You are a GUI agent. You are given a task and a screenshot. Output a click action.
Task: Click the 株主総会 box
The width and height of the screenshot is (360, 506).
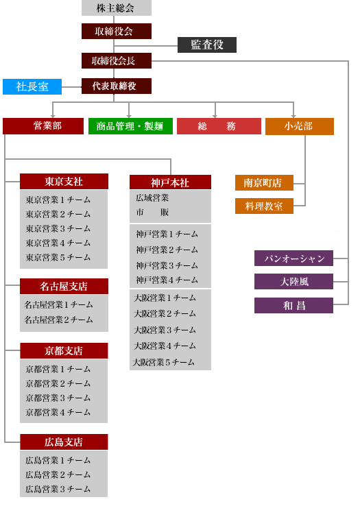[117, 8]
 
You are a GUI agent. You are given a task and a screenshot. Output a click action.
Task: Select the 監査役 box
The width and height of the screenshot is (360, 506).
[207, 45]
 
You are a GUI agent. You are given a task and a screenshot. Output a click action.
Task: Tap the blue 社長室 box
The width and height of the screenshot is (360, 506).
[32, 86]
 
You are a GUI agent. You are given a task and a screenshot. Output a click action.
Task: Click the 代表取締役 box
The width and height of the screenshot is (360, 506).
[117, 86]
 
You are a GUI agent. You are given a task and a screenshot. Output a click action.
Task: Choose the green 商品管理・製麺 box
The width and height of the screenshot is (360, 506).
[130, 126]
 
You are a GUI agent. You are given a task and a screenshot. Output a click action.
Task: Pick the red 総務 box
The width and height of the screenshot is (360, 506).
[219, 126]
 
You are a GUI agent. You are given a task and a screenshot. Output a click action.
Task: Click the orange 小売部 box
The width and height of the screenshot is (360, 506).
[299, 126]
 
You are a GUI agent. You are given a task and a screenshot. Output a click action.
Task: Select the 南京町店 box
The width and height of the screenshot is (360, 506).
[264, 182]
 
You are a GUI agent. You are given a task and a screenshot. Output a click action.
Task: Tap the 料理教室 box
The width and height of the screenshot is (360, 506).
[264, 206]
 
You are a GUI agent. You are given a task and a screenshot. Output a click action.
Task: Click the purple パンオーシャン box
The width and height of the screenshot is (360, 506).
[293, 258]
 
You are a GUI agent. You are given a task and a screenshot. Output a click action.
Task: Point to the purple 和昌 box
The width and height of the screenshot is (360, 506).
[293, 305]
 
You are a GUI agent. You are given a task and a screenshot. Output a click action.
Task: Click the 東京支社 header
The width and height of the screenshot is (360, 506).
[64, 182]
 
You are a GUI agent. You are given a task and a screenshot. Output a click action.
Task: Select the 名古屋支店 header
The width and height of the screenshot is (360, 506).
[64, 286]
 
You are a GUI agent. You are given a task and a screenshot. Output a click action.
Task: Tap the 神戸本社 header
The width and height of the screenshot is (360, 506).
[170, 182]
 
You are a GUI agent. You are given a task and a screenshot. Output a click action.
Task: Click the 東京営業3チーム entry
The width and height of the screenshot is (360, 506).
[58, 228]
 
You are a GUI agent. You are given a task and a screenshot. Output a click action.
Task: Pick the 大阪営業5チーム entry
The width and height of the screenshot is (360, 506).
[164, 362]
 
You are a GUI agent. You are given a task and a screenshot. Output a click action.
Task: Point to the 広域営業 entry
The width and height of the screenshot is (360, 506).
[152, 198]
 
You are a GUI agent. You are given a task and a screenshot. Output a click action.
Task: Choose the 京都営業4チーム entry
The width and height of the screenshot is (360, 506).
[58, 412]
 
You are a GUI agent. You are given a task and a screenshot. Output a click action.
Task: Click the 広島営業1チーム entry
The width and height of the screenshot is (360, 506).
[58, 460]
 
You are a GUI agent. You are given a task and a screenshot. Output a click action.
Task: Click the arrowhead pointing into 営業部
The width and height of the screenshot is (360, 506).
[53, 116]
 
